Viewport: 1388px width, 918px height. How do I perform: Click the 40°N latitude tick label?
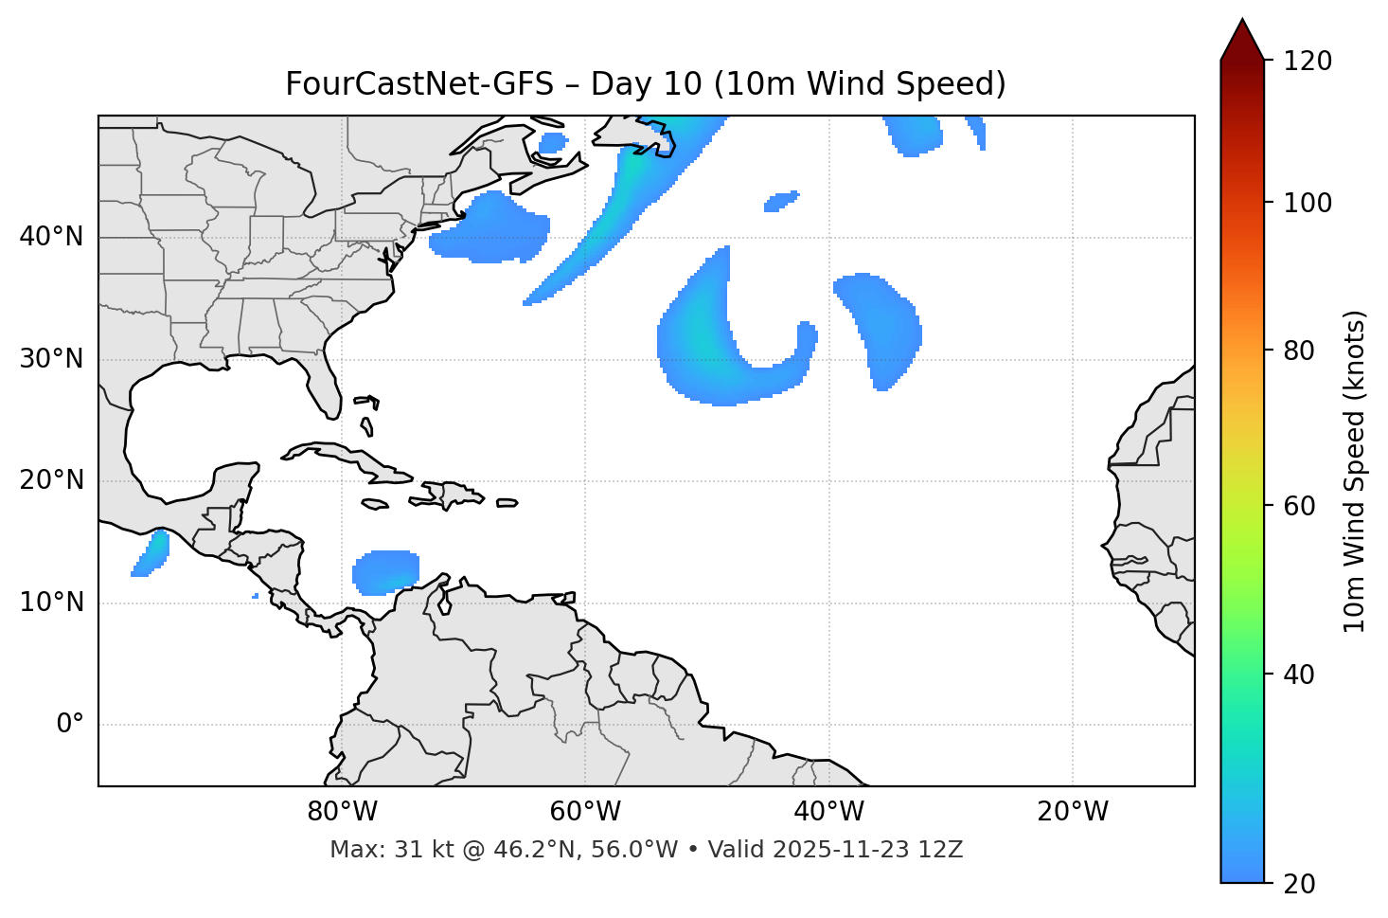51,237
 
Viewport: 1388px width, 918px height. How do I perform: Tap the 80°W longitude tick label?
342,812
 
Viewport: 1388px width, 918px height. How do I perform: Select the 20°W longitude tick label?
1073,812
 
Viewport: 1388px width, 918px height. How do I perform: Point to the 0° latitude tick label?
70,725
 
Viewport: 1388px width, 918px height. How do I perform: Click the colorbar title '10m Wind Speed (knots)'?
1355,472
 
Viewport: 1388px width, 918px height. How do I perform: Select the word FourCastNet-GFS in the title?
418,84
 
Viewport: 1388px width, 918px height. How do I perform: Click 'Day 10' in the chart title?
647,84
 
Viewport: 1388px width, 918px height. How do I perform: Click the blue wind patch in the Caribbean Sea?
385,572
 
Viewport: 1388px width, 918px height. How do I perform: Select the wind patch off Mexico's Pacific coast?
151,553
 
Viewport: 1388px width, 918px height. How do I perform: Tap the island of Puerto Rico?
507,503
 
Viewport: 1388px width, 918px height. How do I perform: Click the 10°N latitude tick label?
51,603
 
